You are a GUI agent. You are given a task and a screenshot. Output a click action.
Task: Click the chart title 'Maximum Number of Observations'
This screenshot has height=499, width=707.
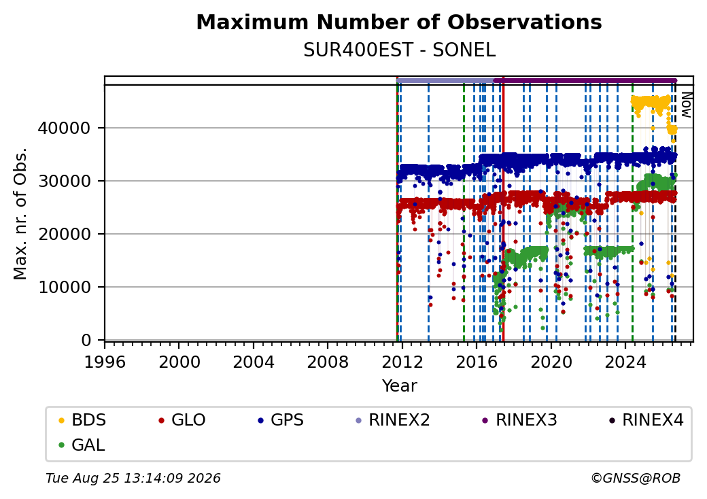pyautogui.click(x=399, y=22)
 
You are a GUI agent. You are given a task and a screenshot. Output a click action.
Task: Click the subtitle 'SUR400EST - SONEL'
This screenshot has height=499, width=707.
pyautogui.click(x=399, y=50)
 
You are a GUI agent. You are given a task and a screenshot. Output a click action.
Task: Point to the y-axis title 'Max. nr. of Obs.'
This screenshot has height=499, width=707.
pyautogui.click(x=20, y=213)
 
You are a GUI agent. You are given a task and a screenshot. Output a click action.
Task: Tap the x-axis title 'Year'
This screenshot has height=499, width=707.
pyautogui.click(x=400, y=386)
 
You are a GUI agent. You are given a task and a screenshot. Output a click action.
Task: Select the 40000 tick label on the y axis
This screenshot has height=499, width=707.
pyautogui.click(x=64, y=128)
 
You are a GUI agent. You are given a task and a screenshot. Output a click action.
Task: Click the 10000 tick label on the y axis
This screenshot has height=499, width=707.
pyautogui.click(x=64, y=287)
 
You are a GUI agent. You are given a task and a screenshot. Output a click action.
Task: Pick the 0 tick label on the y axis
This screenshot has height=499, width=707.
pyautogui.click(x=86, y=341)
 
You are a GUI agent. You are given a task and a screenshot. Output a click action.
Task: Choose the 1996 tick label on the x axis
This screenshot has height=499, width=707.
pyautogui.click(x=105, y=362)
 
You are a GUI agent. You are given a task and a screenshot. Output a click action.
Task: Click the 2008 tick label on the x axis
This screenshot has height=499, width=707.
pyautogui.click(x=328, y=362)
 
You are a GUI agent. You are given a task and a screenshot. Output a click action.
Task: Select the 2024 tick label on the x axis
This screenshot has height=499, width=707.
pyautogui.click(x=625, y=362)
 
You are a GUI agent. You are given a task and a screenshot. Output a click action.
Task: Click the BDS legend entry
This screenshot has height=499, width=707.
pyautogui.click(x=82, y=420)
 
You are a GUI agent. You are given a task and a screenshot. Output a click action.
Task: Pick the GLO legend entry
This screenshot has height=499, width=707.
pyautogui.click(x=182, y=420)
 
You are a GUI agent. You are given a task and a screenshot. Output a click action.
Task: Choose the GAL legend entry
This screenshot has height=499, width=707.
pyautogui.click(x=82, y=445)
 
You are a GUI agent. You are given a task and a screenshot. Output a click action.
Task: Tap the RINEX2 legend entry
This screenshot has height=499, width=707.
pyautogui.click(x=393, y=420)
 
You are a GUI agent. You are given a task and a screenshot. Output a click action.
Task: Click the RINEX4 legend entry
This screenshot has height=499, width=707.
pyautogui.click(x=646, y=420)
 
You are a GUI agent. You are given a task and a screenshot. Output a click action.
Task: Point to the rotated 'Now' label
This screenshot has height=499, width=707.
pyautogui.click(x=686, y=105)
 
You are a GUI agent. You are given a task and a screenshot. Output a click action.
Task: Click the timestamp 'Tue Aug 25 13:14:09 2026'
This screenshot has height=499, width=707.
pyautogui.click(x=133, y=478)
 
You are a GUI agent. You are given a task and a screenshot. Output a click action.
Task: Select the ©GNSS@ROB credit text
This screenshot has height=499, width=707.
pyautogui.click(x=636, y=478)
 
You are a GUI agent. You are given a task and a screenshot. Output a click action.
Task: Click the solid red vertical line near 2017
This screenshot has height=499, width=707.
pyautogui.click(x=503, y=212)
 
